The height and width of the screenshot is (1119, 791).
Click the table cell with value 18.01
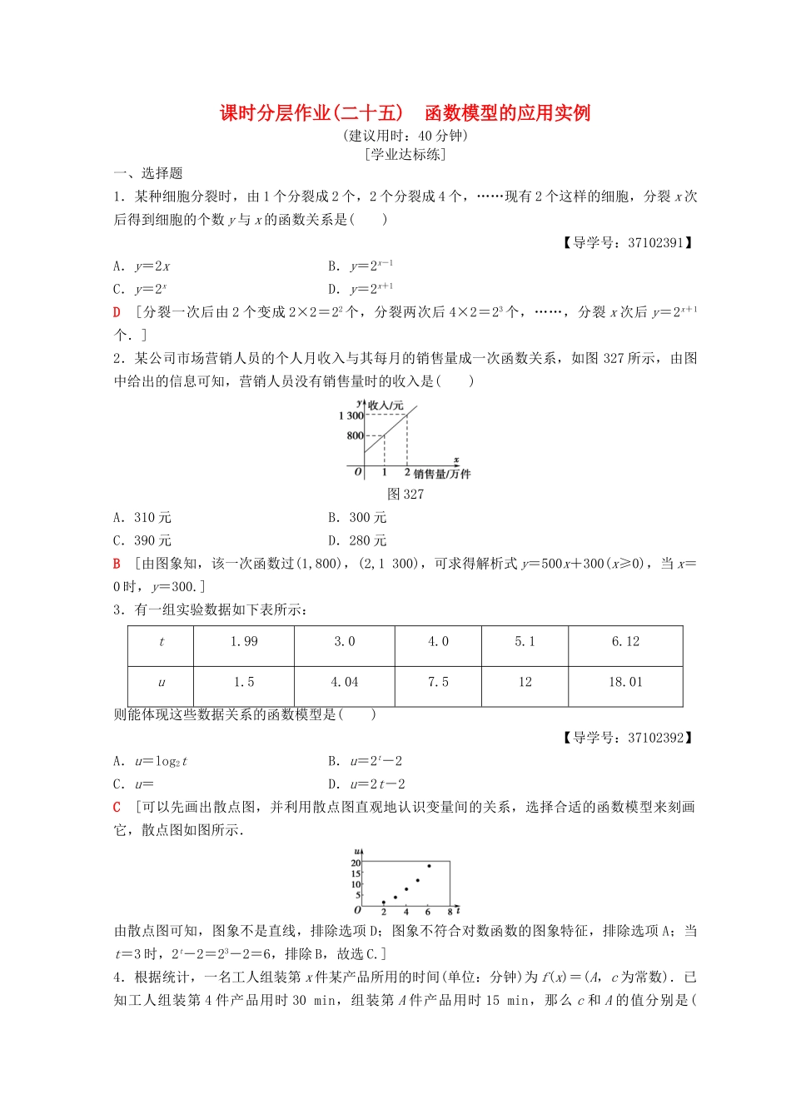625,682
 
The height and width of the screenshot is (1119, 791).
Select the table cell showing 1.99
244,641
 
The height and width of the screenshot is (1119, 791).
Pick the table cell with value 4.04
344,682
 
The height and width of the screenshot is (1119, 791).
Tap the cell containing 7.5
438,682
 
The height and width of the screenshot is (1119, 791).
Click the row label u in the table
162,683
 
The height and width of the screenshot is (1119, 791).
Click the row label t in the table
162,642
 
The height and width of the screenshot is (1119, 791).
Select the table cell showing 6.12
625,641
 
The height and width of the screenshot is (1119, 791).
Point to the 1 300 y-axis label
351,415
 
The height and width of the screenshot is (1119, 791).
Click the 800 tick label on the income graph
355,435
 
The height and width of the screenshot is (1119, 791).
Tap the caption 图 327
405,495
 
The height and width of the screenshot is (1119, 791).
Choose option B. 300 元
357,518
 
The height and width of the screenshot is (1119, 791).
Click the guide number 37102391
655,243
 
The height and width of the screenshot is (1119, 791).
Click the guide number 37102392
655,738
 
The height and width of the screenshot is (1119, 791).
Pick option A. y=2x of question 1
142,266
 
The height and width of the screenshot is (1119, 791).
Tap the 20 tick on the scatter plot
356,863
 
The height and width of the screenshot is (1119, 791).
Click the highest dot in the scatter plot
429,866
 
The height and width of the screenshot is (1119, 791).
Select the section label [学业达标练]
405,155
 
